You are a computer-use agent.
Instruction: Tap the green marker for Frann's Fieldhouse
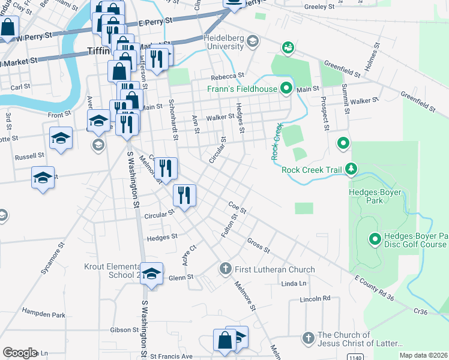(x=287, y=89)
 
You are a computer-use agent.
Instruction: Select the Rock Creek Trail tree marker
(x=352, y=170)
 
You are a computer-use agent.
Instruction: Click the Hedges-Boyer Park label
(x=375, y=196)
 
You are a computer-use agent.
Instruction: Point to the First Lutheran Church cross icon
(x=226, y=269)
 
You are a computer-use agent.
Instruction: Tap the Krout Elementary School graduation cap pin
(x=152, y=273)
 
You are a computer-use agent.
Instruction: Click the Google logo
(x=20, y=352)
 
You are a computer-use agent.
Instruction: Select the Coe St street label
(x=238, y=208)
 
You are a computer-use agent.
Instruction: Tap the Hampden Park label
(x=43, y=314)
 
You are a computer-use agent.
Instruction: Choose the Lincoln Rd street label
(x=318, y=298)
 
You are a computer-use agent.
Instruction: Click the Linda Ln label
(x=294, y=283)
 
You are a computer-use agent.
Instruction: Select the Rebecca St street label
(x=227, y=77)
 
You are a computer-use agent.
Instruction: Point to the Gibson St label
(x=124, y=330)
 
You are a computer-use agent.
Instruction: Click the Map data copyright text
(x=423, y=355)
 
